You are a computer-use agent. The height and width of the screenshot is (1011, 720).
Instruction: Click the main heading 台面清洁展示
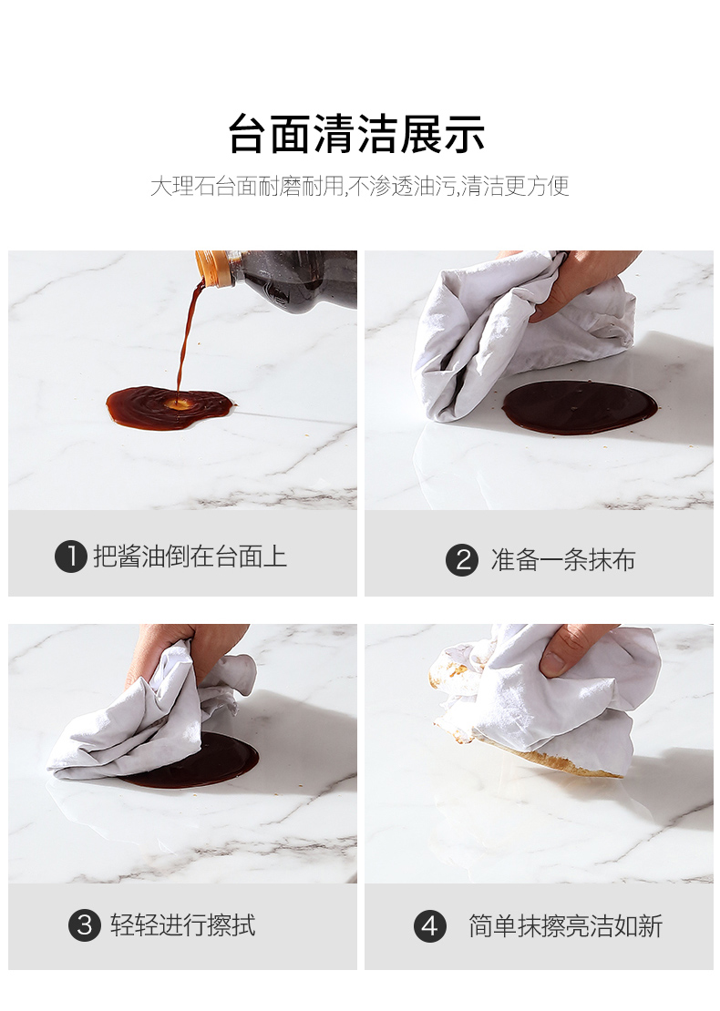356,134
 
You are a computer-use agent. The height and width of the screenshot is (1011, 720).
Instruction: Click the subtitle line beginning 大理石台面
359,186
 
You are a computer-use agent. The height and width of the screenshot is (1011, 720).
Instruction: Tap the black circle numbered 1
70,557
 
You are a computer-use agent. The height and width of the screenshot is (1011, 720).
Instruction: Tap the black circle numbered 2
462,559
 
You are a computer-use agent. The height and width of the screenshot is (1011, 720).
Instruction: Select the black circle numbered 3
85,925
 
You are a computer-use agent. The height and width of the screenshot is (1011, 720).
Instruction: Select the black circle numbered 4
429,926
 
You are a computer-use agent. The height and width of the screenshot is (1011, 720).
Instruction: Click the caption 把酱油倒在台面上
190,557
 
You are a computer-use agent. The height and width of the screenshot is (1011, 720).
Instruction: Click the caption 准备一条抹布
562,559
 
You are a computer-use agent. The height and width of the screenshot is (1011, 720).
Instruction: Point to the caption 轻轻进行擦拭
182,925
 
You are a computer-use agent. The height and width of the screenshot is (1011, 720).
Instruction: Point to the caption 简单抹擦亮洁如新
565,926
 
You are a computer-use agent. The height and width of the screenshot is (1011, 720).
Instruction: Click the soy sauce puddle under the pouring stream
169,406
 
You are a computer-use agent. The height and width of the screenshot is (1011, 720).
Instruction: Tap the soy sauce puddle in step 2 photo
580,407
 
